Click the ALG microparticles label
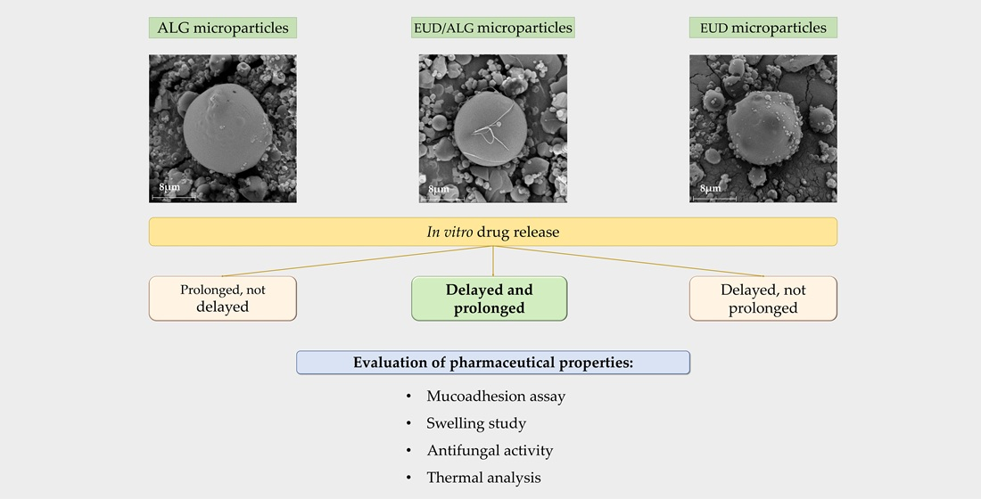223,28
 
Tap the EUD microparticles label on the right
763,28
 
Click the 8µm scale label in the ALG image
169,188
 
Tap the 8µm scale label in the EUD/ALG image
439,189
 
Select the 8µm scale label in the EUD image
710,189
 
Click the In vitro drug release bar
492,232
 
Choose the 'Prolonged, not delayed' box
222,299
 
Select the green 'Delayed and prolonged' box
489,299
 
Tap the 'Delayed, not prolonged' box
763,299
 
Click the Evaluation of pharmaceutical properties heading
492,363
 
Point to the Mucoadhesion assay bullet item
495,396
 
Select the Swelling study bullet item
475,423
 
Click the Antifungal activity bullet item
489,450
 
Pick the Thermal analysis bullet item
482,478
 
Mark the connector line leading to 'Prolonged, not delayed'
357,262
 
